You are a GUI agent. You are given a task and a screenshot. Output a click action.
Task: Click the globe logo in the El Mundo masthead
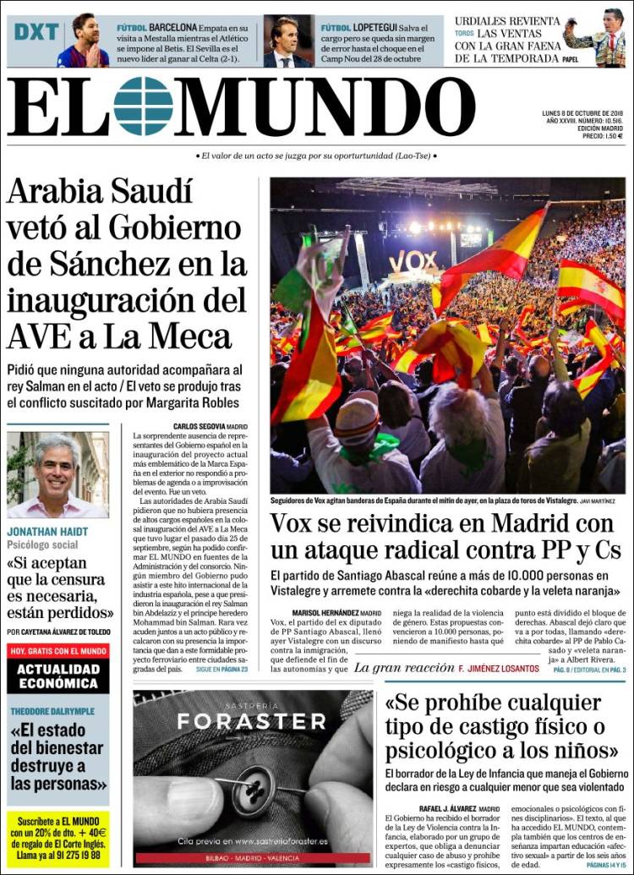(x=143, y=107)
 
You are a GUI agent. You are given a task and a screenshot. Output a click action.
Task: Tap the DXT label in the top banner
(x=36, y=33)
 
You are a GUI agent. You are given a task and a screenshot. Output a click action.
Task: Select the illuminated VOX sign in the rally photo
(x=413, y=262)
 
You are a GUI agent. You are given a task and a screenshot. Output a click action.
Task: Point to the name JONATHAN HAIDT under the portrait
(x=47, y=532)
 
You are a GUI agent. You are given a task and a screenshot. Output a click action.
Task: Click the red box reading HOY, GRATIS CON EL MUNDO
(x=58, y=651)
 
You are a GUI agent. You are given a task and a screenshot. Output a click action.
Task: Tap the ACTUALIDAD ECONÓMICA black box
(x=58, y=675)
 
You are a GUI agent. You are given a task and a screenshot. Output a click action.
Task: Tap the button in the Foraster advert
(x=251, y=796)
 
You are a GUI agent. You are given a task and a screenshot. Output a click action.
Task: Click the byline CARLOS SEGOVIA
(x=199, y=427)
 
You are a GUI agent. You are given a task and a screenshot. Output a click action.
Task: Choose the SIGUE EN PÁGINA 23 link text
(x=221, y=669)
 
